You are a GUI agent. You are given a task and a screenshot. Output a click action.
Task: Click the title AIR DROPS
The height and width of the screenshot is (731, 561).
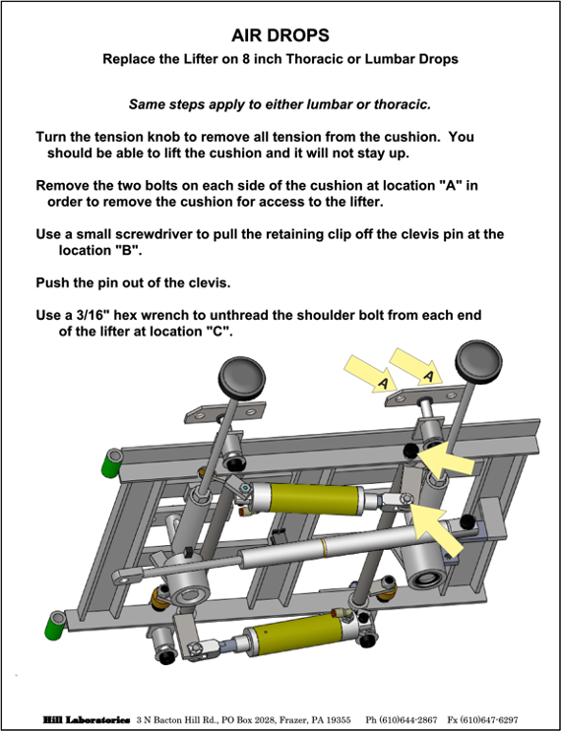280,35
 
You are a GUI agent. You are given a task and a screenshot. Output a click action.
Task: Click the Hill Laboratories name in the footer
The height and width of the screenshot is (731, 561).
87,720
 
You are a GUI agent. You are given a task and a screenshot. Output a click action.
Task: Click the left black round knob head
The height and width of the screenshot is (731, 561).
241,378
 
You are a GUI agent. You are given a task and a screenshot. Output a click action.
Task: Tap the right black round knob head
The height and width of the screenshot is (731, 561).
478,362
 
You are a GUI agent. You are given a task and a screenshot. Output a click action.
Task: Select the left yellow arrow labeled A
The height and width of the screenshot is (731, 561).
370,374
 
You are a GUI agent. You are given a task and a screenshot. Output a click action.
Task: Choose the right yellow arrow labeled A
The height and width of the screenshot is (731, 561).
416,366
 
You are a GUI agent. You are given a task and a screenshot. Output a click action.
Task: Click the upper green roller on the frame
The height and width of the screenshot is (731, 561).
111,462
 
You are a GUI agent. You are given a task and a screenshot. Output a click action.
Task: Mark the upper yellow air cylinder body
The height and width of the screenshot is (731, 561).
316,499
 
